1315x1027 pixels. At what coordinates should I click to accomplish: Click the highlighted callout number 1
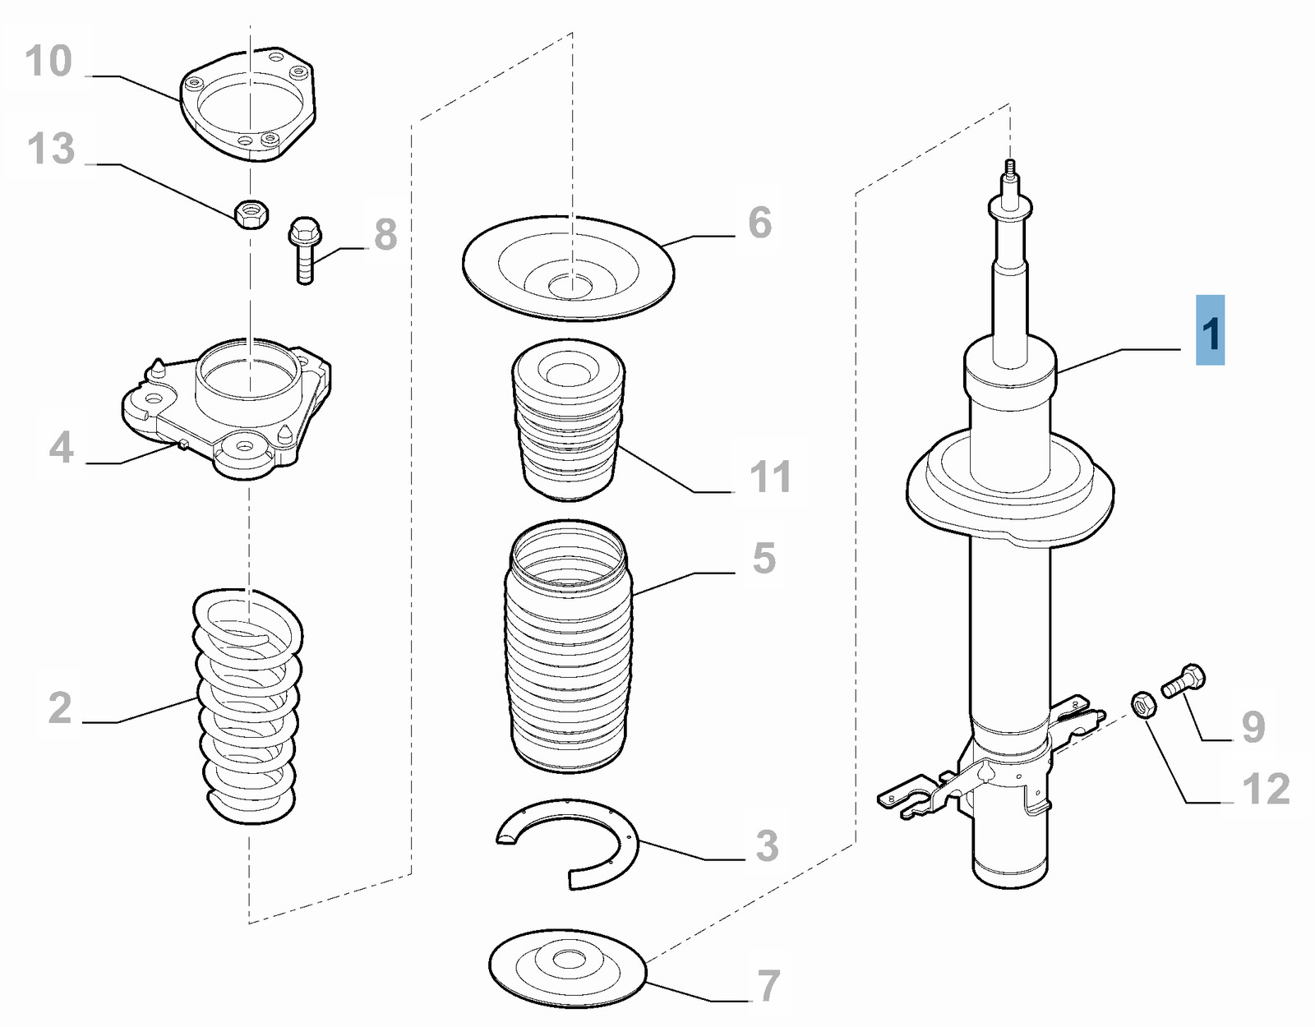(x=1210, y=331)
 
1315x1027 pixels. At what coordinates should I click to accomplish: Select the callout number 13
(x=51, y=150)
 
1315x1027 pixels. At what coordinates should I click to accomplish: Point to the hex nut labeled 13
(x=251, y=214)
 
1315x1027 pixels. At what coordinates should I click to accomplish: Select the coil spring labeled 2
(x=248, y=707)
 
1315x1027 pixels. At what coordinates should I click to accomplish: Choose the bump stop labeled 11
(x=567, y=419)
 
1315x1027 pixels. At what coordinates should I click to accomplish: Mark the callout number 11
(x=770, y=477)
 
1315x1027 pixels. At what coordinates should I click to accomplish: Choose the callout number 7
(x=768, y=986)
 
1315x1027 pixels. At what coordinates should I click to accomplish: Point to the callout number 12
(x=1266, y=790)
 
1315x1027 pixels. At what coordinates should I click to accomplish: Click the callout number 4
(x=61, y=448)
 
